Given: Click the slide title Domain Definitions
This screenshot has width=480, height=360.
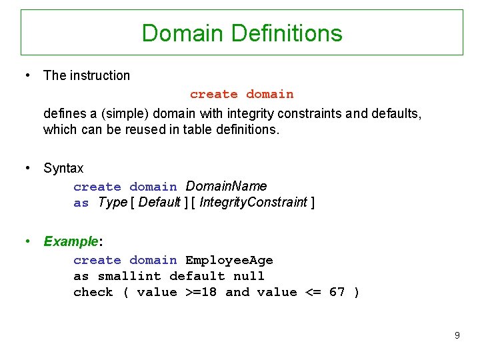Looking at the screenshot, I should [242, 33].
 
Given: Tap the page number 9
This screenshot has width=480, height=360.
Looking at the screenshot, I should [457, 335].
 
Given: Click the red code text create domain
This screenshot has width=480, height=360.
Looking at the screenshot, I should [241, 95].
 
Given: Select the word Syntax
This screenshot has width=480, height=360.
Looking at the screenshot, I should [63, 168].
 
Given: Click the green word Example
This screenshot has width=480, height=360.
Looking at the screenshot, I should [71, 241].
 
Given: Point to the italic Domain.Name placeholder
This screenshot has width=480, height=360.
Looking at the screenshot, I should [226, 186].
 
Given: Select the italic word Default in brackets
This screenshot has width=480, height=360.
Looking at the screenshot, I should [159, 202].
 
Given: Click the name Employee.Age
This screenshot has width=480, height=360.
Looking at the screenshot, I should [229, 260].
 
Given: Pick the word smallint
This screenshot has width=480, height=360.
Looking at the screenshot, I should [129, 276].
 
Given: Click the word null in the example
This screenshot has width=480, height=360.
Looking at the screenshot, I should [249, 276].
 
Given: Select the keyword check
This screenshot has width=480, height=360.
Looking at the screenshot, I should [93, 292].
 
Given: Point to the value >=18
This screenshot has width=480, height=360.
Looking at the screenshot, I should [201, 292].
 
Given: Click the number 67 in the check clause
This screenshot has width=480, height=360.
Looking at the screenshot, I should [337, 292].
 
